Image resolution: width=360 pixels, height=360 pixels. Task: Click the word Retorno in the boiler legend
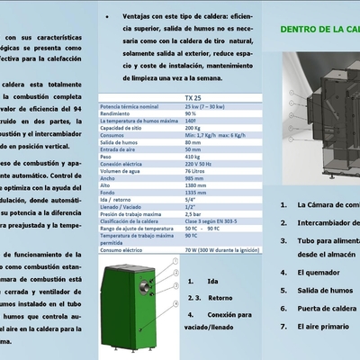click(220, 296)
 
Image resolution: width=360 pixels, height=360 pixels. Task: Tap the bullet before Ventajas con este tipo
click(106, 16)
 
